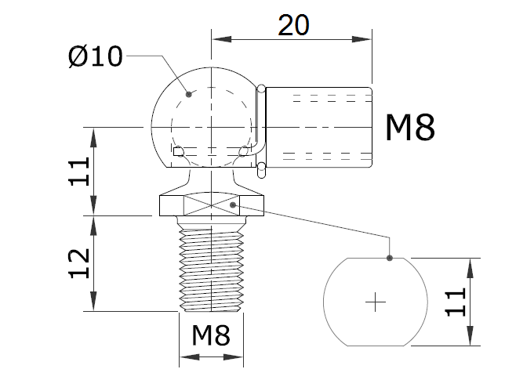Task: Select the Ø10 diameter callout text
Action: pyautogui.click(x=95, y=56)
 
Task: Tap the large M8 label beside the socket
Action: pyautogui.click(x=409, y=127)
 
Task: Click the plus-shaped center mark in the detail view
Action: pyautogui.click(x=377, y=301)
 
